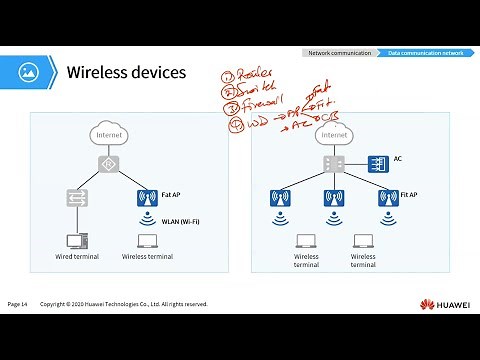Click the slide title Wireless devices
point(126,73)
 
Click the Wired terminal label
point(76,257)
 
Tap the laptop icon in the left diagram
point(146,240)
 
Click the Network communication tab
point(339,52)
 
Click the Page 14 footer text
point(20,304)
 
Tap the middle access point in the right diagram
point(332,198)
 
